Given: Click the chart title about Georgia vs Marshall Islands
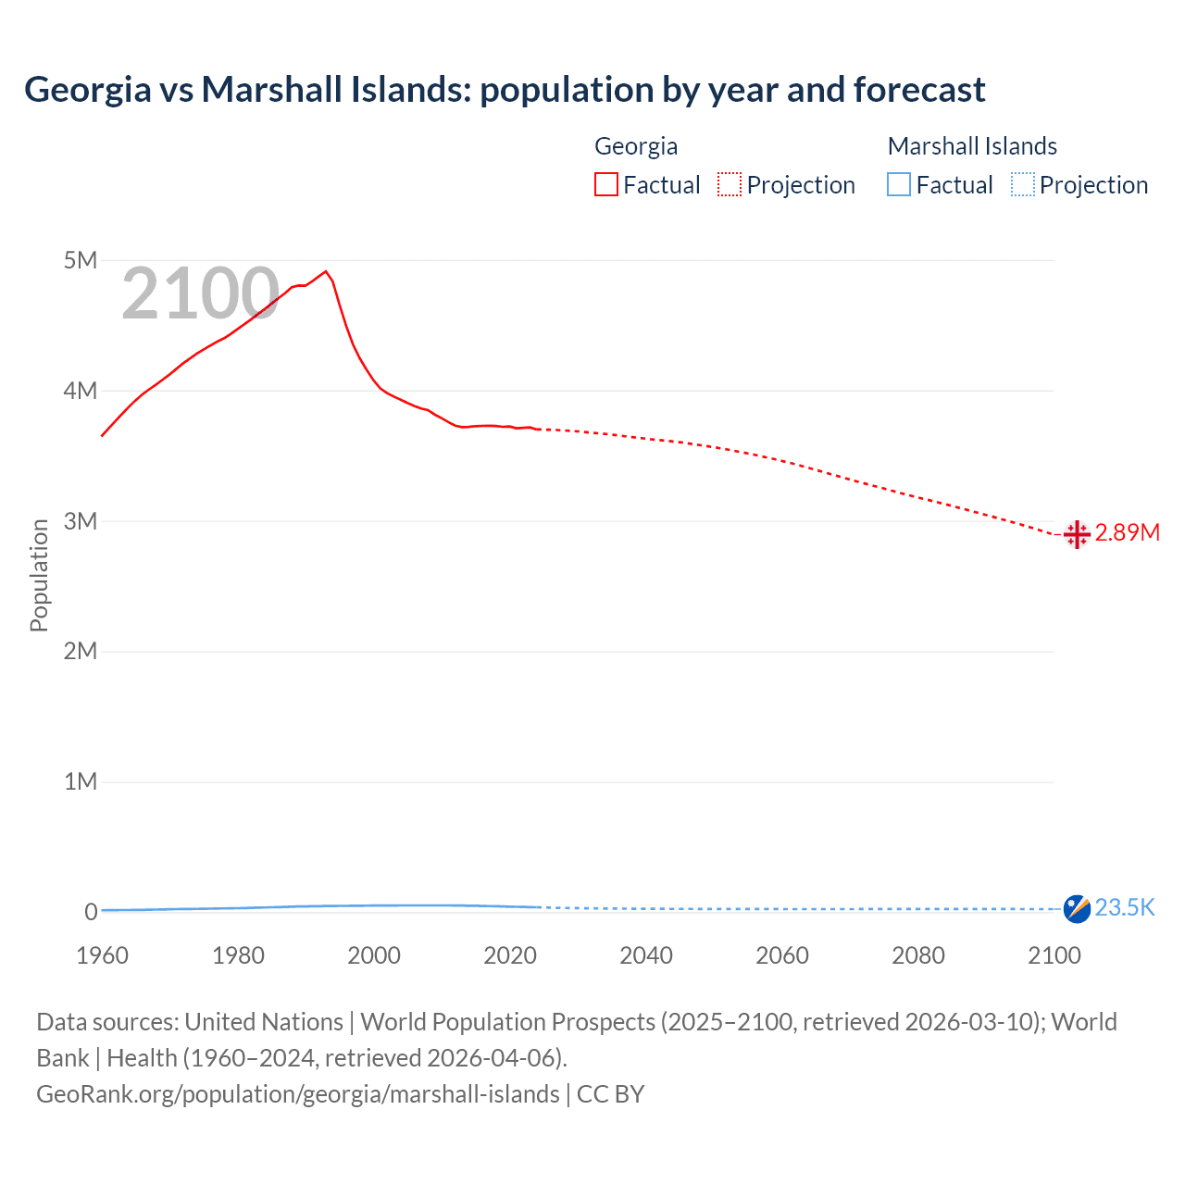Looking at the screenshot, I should pyautogui.click(x=505, y=90).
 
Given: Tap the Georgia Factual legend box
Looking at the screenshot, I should pyautogui.click(x=606, y=184).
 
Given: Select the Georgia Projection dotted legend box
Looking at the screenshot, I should pyautogui.click(x=730, y=184).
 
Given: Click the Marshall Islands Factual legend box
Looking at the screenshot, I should pyautogui.click(x=899, y=184).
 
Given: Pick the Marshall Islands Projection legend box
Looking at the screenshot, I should pyautogui.click(x=1022, y=184).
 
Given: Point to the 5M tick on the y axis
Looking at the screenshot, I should pyautogui.click(x=81, y=260).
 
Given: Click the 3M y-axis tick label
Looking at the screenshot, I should pyautogui.click(x=81, y=521).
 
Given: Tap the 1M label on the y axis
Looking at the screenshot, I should pyautogui.click(x=81, y=781).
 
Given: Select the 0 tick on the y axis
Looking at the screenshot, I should pyautogui.click(x=91, y=912).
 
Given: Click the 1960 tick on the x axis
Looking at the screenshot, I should pyautogui.click(x=102, y=955).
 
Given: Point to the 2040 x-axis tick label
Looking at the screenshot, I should pyautogui.click(x=646, y=955).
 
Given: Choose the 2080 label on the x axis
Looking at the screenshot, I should pyautogui.click(x=918, y=955).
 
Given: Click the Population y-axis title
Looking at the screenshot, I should pyautogui.click(x=39, y=575).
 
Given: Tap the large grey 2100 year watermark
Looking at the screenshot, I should pyautogui.click(x=200, y=293).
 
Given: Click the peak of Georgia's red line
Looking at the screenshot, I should pyautogui.click(x=325, y=271).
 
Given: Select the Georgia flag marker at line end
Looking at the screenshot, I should pyautogui.click(x=1076, y=534).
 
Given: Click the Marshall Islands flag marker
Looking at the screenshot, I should pyautogui.click(x=1076, y=909).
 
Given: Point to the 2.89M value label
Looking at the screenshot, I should pyautogui.click(x=1127, y=533).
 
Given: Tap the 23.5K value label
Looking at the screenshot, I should pyautogui.click(x=1125, y=908).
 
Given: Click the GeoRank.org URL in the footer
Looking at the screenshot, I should pyautogui.click(x=298, y=1094).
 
